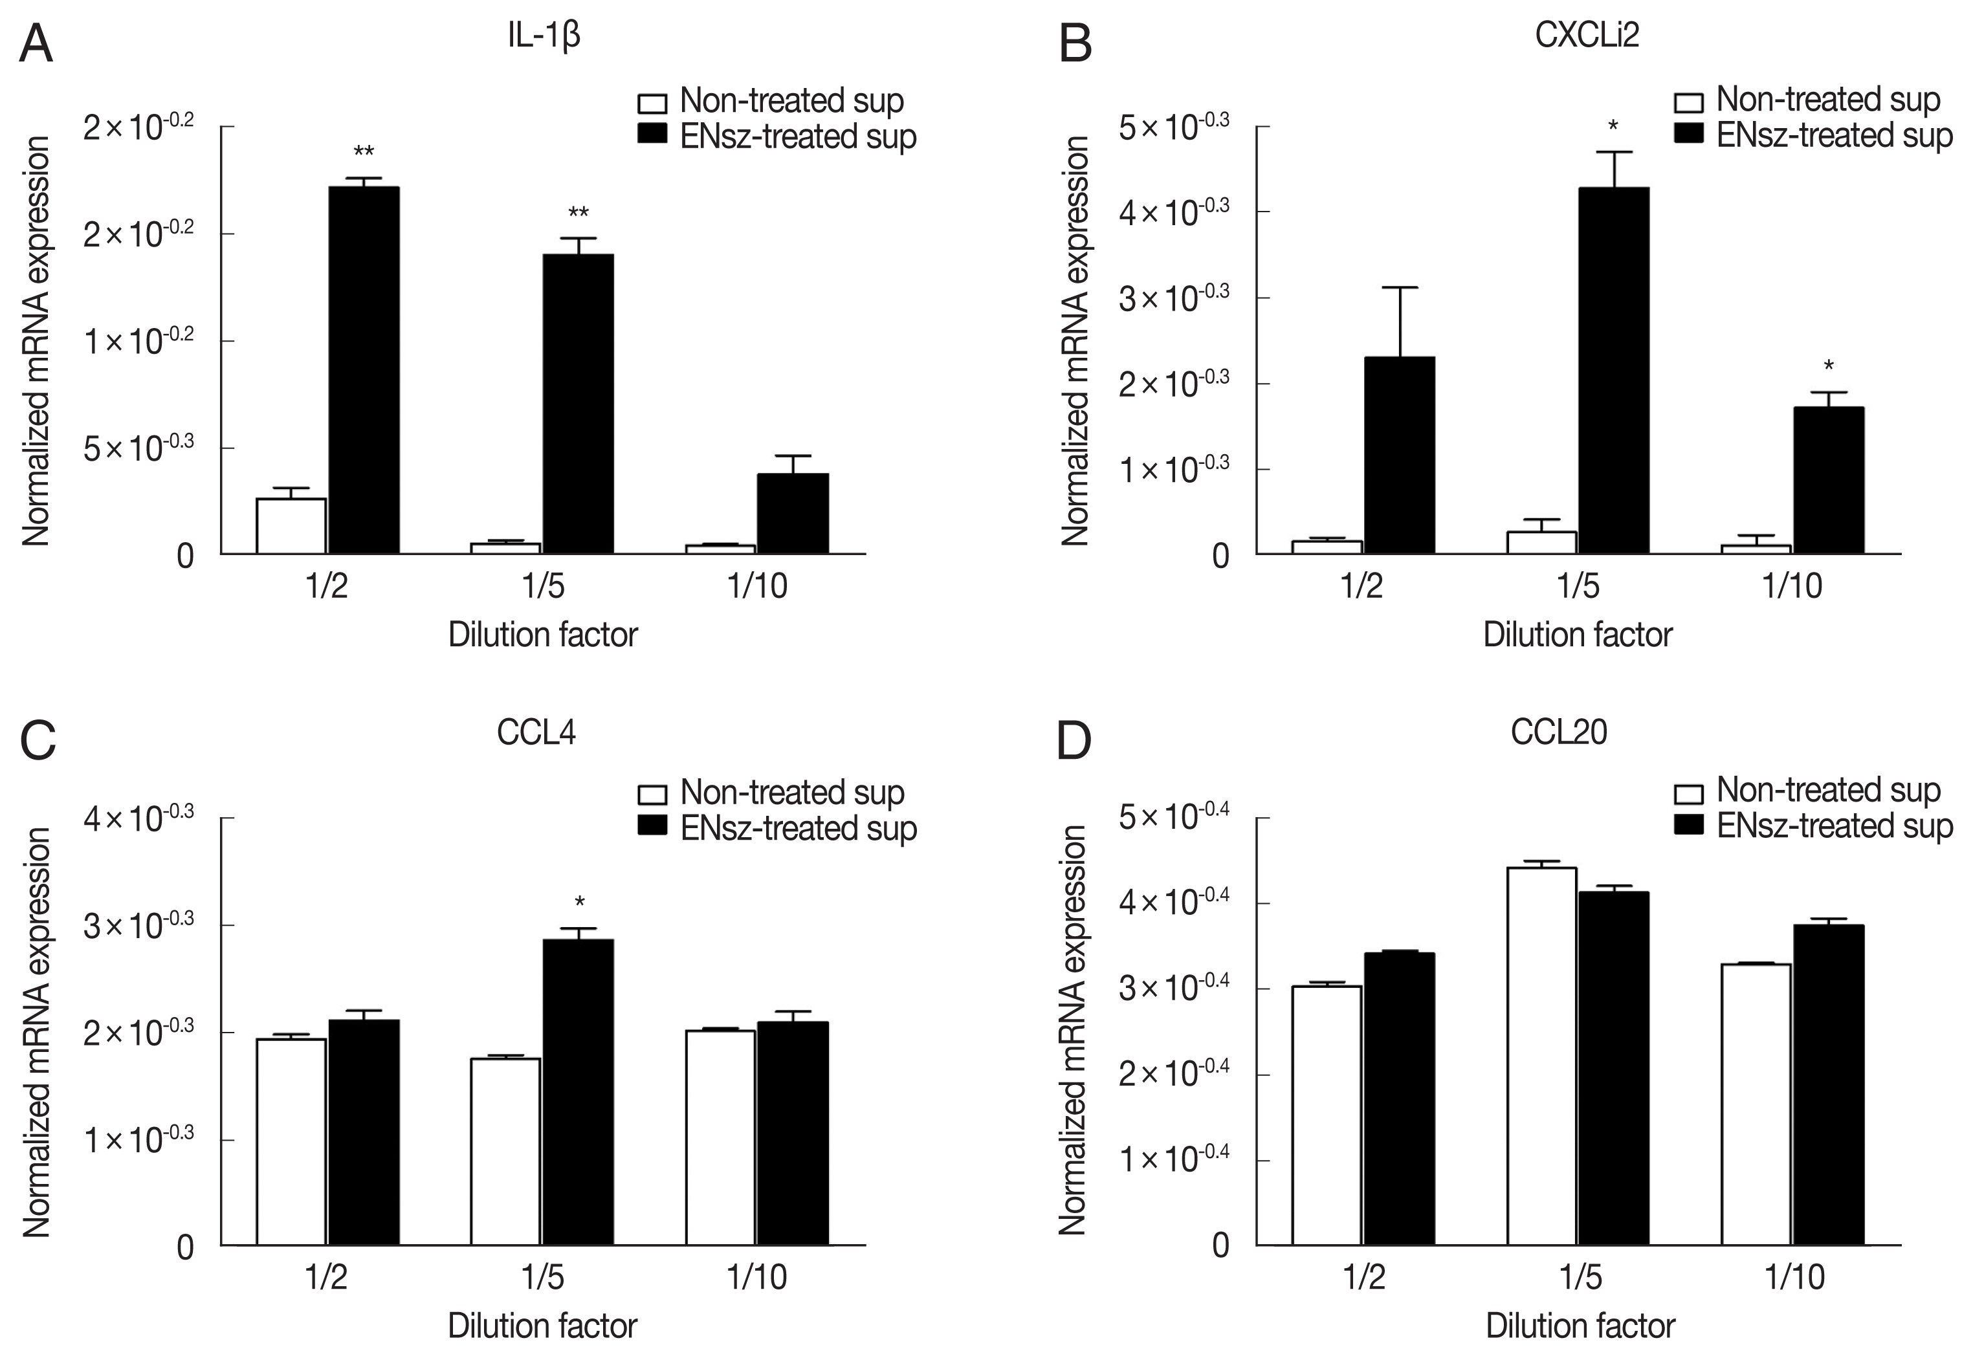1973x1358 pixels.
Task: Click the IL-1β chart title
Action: click(x=544, y=38)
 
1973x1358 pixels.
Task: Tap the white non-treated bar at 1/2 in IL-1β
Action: click(x=291, y=526)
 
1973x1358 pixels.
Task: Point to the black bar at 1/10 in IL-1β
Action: click(x=793, y=513)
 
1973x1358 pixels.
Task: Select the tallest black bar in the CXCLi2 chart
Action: click(x=1613, y=370)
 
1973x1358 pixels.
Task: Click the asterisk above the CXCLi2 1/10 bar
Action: click(x=1828, y=367)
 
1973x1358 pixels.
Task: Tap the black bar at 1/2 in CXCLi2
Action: click(x=1399, y=455)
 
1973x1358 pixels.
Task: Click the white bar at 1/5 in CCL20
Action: click(x=1541, y=1056)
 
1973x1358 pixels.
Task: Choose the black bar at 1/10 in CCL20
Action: click(x=1828, y=1085)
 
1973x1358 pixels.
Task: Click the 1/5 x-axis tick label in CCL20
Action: click(x=1580, y=1277)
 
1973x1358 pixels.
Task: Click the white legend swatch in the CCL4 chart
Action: click(x=652, y=794)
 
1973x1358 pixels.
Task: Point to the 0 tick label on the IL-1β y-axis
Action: click(x=186, y=556)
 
